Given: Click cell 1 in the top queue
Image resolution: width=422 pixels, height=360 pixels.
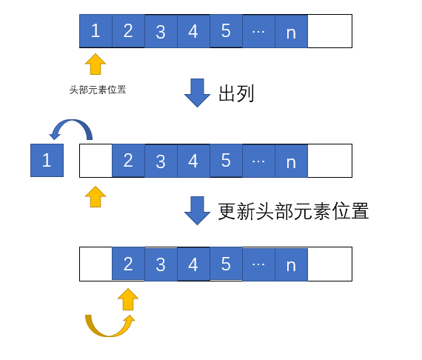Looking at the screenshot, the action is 96,31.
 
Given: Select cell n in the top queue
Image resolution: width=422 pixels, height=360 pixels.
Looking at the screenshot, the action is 291,31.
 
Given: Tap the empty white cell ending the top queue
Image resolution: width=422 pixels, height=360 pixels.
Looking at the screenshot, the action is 329,31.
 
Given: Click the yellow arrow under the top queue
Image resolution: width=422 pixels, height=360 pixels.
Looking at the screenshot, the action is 96,64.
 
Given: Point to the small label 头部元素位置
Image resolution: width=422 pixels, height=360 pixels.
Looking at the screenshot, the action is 98,90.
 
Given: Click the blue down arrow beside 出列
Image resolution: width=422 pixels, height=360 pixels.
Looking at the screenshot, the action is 197,93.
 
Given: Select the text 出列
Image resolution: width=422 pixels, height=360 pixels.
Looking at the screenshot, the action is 236,93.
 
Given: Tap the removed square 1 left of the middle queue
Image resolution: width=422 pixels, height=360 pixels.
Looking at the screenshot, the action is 47,161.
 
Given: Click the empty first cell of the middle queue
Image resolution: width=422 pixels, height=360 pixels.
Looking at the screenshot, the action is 96,161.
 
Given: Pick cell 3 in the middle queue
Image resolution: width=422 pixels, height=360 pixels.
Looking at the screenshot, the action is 161,161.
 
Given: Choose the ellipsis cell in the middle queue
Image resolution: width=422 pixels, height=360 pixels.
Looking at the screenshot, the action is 258,161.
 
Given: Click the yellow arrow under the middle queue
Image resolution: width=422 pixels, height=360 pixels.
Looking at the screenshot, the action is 96,196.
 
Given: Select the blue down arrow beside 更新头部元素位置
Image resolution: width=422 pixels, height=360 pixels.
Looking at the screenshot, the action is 197,210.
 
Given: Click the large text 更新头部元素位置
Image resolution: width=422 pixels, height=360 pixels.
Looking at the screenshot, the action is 293,211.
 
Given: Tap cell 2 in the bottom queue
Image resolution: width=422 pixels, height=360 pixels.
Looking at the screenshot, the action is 128,264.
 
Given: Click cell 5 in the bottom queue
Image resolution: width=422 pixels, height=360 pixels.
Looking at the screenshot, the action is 226,264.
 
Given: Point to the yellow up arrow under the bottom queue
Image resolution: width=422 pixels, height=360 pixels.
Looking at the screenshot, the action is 128,299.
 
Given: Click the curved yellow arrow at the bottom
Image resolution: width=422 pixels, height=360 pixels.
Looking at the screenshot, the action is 109,334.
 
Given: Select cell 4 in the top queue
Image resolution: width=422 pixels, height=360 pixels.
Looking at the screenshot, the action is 193,31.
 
